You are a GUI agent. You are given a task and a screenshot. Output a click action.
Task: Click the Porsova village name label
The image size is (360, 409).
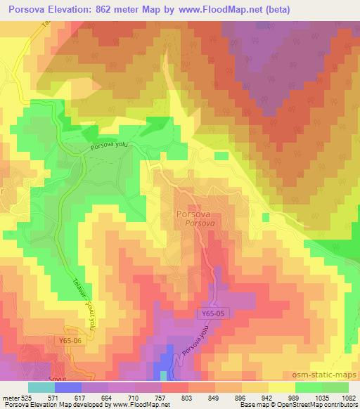195,214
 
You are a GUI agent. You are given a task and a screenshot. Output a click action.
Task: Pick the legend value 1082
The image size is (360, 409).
347,397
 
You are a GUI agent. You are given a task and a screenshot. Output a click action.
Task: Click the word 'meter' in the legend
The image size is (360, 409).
10,397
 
